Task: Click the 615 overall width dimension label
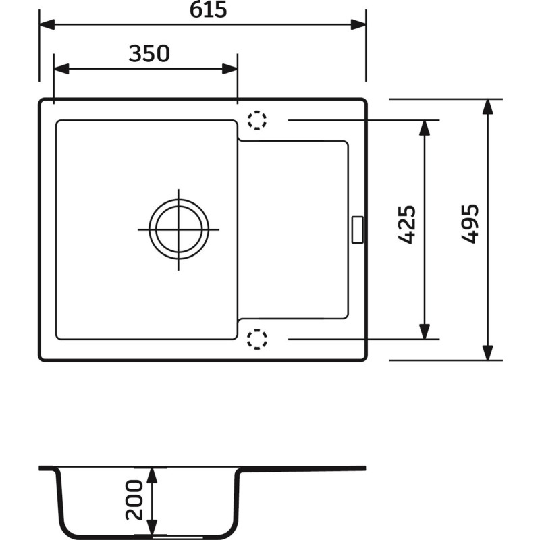(x=202, y=10)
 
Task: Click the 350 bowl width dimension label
(x=148, y=53)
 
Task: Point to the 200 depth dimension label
(x=134, y=500)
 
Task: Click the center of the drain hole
(x=179, y=230)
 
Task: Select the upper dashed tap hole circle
(x=257, y=121)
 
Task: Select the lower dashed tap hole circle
(x=257, y=339)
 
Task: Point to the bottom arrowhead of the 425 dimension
(x=425, y=331)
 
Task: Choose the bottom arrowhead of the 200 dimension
(x=153, y=527)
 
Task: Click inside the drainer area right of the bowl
(x=294, y=230)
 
